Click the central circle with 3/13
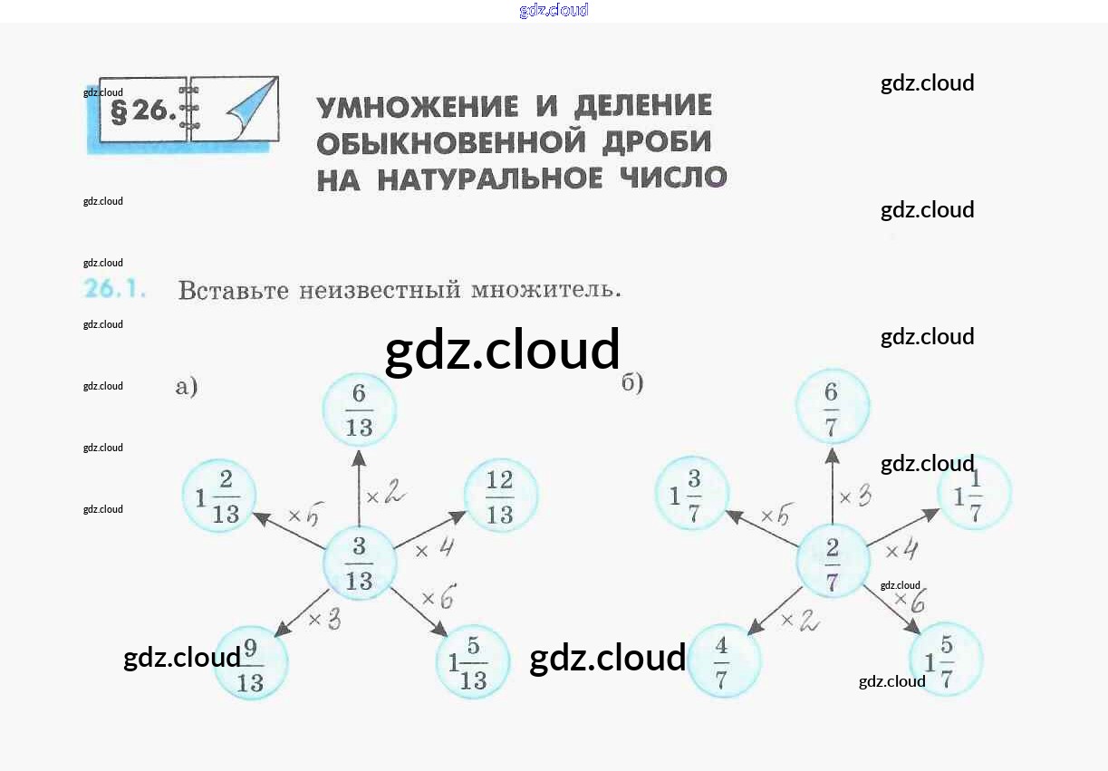pos(360,563)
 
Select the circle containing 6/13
pos(360,409)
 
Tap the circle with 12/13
pos(500,496)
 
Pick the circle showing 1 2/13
pos(219,496)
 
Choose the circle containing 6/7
pos(832,406)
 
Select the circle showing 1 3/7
pos(692,494)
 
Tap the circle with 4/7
pos(723,660)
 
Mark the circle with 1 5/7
pos(946,659)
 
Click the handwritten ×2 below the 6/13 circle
pos(385,495)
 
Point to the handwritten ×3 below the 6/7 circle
pos(855,495)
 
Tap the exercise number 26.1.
pos(115,290)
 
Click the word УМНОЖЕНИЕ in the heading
pos(418,107)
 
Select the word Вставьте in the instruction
pos(233,291)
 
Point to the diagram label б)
pos(632,383)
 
